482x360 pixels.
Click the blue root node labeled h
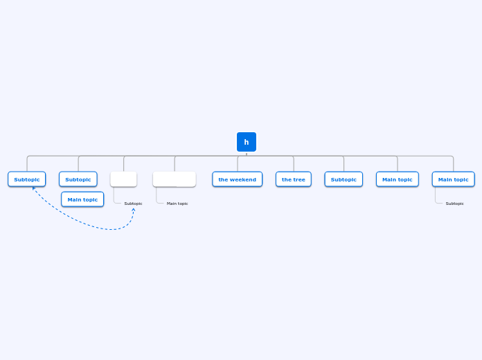[246, 142]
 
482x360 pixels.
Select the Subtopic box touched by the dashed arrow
[27, 179]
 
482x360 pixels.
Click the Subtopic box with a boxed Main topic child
[78, 179]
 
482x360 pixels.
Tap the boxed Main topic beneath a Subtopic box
[82, 199]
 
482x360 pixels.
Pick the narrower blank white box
[123, 179]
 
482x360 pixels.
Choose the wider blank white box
[175, 179]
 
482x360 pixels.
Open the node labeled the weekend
[238, 179]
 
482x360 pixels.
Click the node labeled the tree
[294, 179]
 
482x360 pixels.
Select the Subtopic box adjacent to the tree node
[343, 179]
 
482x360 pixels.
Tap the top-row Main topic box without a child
[398, 179]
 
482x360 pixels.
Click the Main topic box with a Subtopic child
[454, 179]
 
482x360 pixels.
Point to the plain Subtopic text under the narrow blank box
[133, 204]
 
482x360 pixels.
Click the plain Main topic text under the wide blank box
[177, 204]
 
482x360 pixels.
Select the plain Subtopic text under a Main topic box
[454, 204]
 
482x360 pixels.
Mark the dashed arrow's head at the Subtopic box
[33, 188]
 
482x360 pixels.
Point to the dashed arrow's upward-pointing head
[134, 210]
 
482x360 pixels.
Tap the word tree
[298, 179]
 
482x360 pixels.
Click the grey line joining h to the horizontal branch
[246, 154]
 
